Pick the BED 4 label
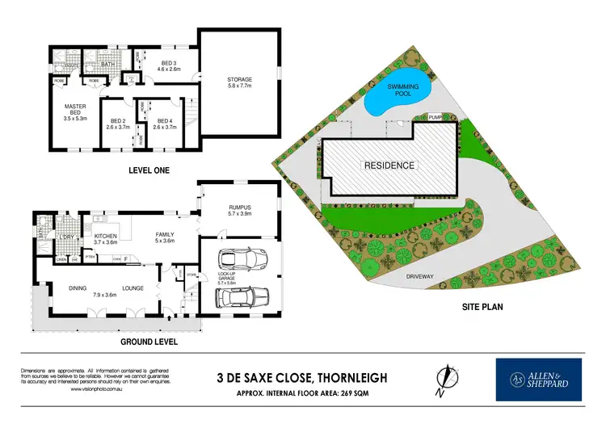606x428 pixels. coord(165,121)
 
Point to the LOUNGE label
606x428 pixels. coord(133,288)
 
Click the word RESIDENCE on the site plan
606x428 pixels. coord(389,166)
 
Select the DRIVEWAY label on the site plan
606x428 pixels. coord(420,276)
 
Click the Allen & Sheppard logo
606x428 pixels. coord(540,380)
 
